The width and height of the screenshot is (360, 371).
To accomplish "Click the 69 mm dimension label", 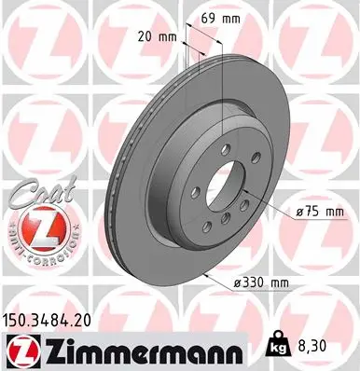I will (x=218, y=18).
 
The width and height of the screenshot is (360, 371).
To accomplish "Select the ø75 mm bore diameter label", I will (x=322, y=213).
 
